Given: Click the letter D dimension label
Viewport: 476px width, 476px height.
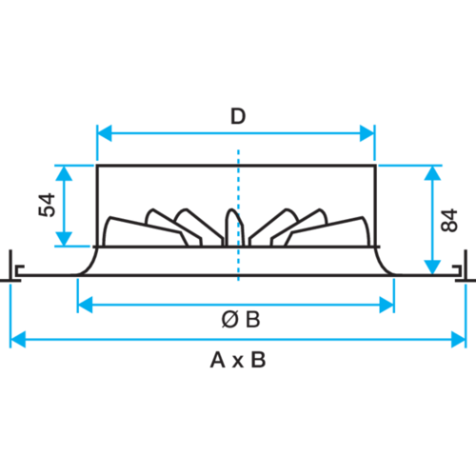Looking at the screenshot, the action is pyautogui.click(x=238, y=116).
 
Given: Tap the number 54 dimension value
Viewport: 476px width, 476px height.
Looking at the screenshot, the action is pyautogui.click(x=47, y=205).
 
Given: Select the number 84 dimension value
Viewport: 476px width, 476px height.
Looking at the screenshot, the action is pyautogui.click(x=449, y=220).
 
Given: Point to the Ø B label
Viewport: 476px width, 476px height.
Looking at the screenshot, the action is pyautogui.click(x=241, y=319).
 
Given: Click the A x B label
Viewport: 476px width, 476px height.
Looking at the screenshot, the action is pyautogui.click(x=238, y=361).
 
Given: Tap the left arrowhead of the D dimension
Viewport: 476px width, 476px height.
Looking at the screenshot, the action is pyautogui.click(x=104, y=133).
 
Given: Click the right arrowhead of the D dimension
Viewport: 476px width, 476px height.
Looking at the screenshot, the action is pyautogui.click(x=367, y=133).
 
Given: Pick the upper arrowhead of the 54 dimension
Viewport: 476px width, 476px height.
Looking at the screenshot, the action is pyautogui.click(x=64, y=173).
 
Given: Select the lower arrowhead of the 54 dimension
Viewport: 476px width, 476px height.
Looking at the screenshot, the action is pyautogui.click(x=64, y=239).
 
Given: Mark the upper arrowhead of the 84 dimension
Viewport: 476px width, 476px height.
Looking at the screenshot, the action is pyautogui.click(x=432, y=173).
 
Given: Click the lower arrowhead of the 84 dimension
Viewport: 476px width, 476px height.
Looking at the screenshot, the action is pyautogui.click(x=432, y=267).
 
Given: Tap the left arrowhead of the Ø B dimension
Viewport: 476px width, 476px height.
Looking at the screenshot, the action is pyautogui.click(x=85, y=305).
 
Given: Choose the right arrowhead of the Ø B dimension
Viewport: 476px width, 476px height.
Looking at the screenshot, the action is pyautogui.click(x=387, y=305).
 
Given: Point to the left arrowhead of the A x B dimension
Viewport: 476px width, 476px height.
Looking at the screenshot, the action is pyautogui.click(x=18, y=340).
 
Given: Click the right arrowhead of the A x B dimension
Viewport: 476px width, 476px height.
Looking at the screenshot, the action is pyautogui.click(x=459, y=340).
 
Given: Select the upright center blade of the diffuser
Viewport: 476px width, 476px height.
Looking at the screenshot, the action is pyautogui.click(x=234, y=228).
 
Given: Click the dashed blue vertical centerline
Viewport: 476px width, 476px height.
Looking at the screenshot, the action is pyautogui.click(x=238, y=215).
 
